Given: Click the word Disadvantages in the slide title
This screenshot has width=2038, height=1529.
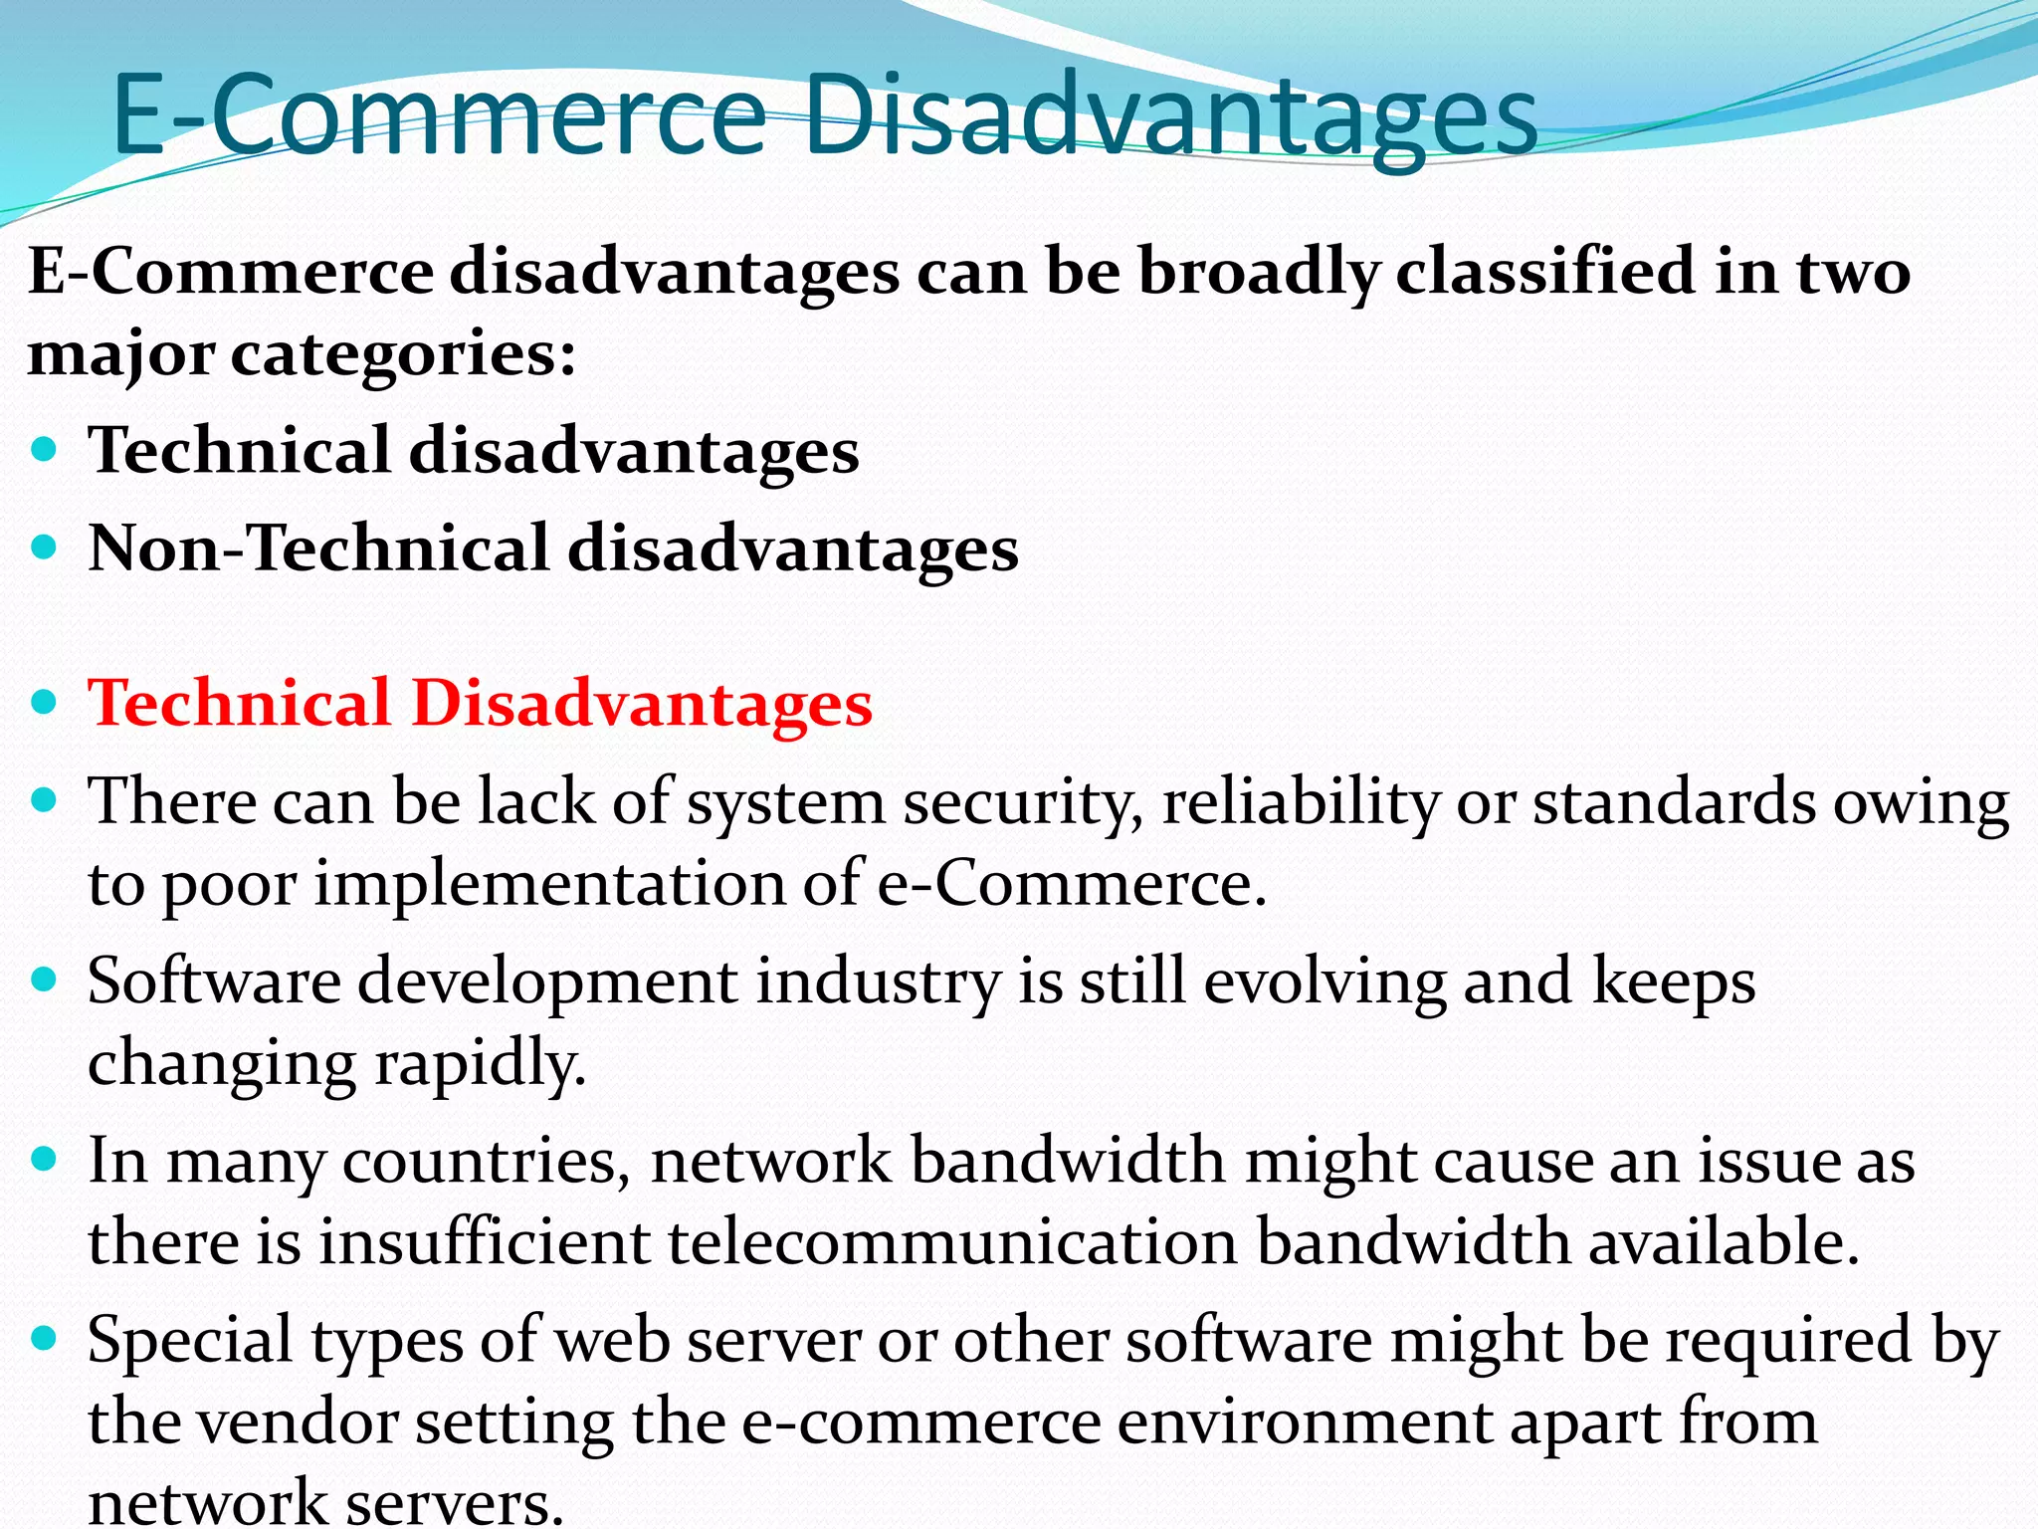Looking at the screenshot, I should point(1170,116).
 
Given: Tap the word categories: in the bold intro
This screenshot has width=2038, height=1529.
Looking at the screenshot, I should point(403,354).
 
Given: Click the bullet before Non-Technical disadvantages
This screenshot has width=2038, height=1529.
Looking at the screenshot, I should point(44,546).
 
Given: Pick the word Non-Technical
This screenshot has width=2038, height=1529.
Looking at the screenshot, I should point(318,548).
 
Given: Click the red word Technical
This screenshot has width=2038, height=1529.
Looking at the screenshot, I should point(239,703).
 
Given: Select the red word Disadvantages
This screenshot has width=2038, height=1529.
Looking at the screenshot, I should point(642,703).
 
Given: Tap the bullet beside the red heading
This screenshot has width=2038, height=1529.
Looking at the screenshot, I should point(44,702).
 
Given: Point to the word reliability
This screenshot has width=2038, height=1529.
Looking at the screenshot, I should point(1300,802).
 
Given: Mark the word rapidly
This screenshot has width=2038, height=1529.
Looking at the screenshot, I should point(480,1063).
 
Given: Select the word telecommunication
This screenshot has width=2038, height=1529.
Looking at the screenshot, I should point(951,1242).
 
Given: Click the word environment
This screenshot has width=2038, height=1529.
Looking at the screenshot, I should point(1305,1421).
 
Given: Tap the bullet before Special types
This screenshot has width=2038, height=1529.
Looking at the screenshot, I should point(44,1339).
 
